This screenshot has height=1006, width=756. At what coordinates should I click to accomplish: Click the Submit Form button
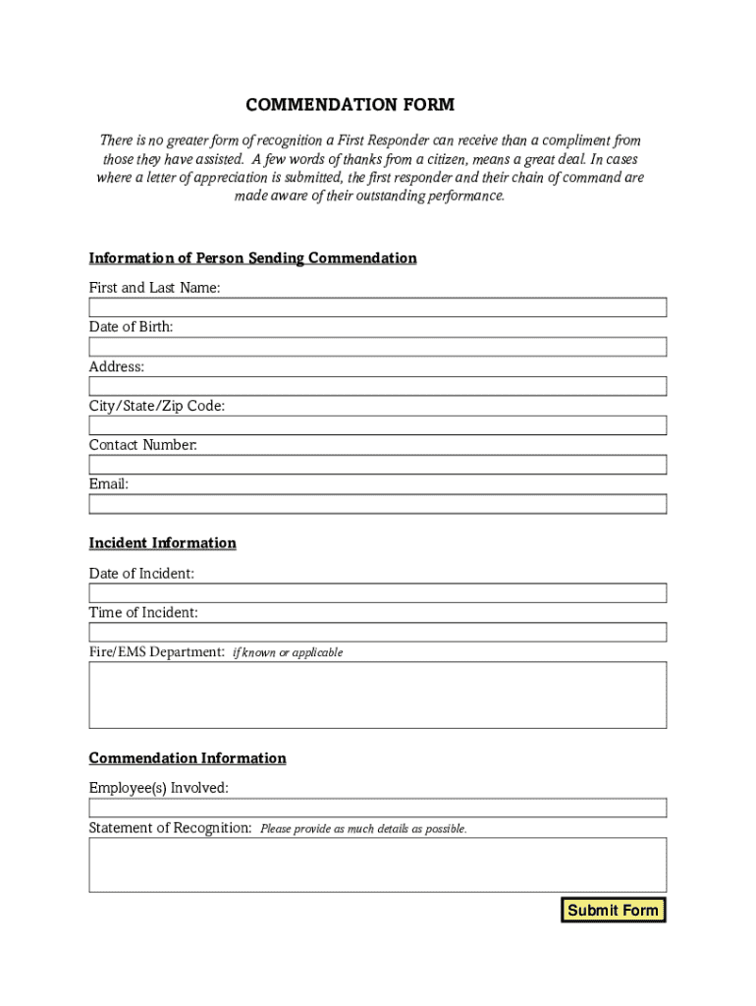pos(613,910)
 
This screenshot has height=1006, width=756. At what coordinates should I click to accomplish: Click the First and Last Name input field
pos(378,307)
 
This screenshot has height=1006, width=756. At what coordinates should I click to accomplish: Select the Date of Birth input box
pos(378,347)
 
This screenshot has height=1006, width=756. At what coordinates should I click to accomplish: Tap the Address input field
pos(378,386)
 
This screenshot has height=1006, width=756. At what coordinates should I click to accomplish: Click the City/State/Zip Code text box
pos(378,425)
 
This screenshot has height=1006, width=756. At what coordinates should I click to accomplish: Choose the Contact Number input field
pos(378,465)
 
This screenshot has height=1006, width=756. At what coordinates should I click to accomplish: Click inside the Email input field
pos(378,504)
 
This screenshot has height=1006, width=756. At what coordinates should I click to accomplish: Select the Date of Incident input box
pos(378,592)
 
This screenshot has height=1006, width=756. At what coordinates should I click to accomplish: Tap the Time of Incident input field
pos(378,632)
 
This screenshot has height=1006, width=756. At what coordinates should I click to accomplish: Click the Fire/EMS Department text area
pos(378,695)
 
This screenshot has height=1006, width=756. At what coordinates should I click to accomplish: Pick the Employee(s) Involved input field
pos(378,808)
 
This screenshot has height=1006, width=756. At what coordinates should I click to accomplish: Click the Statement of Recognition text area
pos(378,865)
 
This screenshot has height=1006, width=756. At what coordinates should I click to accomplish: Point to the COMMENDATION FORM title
pos(351,105)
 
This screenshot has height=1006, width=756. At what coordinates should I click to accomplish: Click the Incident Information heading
pos(163,543)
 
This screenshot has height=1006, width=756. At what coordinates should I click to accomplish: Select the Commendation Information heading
pos(188,758)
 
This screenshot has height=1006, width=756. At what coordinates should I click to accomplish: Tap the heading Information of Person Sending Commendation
pos(253,258)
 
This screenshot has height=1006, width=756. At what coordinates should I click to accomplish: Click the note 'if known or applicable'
pos(288,652)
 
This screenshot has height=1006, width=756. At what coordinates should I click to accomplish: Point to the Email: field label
pos(109,484)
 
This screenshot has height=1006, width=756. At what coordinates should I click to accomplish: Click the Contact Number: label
pos(143,445)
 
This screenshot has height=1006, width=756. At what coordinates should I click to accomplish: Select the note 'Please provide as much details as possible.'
pos(363,829)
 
